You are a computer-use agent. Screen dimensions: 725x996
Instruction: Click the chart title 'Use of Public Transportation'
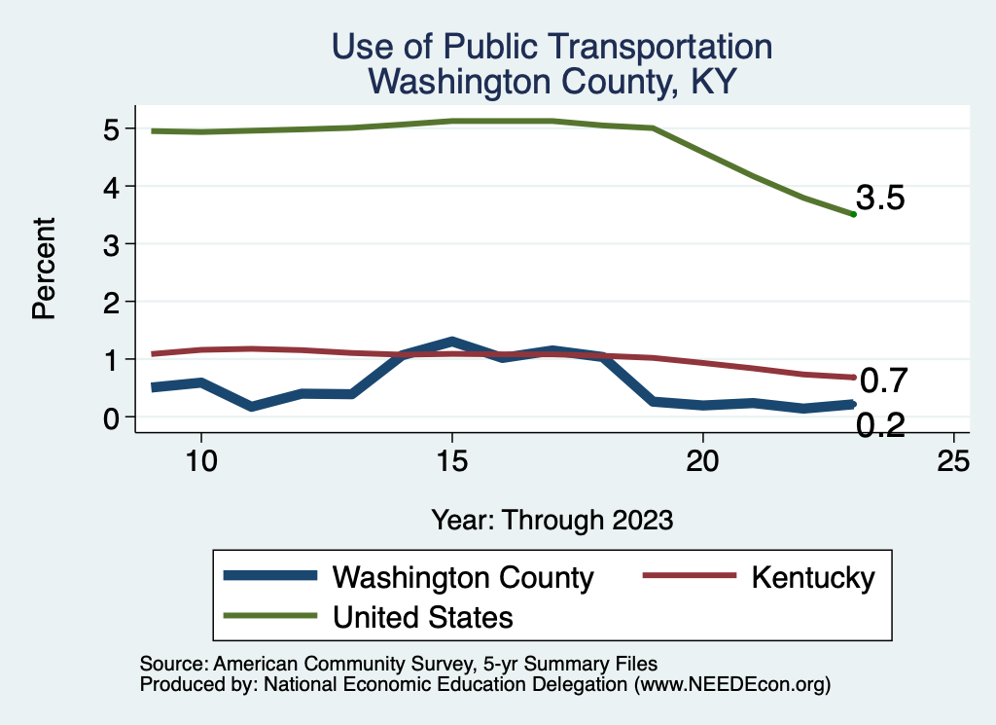[551, 47]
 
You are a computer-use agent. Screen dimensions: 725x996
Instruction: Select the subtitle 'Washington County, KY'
[551, 82]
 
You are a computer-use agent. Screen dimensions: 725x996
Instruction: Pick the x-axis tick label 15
[451, 460]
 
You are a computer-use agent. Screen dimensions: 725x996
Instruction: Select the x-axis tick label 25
[954, 460]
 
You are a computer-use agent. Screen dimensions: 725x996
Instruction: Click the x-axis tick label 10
[200, 460]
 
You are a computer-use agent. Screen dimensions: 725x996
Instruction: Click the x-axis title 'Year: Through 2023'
[551, 520]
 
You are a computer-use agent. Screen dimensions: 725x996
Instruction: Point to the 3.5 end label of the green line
[881, 199]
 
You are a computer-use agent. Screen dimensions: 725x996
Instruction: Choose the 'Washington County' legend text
[462, 577]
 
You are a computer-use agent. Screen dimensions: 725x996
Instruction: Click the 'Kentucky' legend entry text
[812, 577]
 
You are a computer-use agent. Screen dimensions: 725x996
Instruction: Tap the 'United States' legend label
[422, 616]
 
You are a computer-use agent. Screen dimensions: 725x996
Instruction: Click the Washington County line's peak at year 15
[452, 342]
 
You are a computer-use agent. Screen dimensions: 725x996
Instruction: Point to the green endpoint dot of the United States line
[853, 214]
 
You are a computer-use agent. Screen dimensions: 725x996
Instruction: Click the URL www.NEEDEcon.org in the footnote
[732, 685]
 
